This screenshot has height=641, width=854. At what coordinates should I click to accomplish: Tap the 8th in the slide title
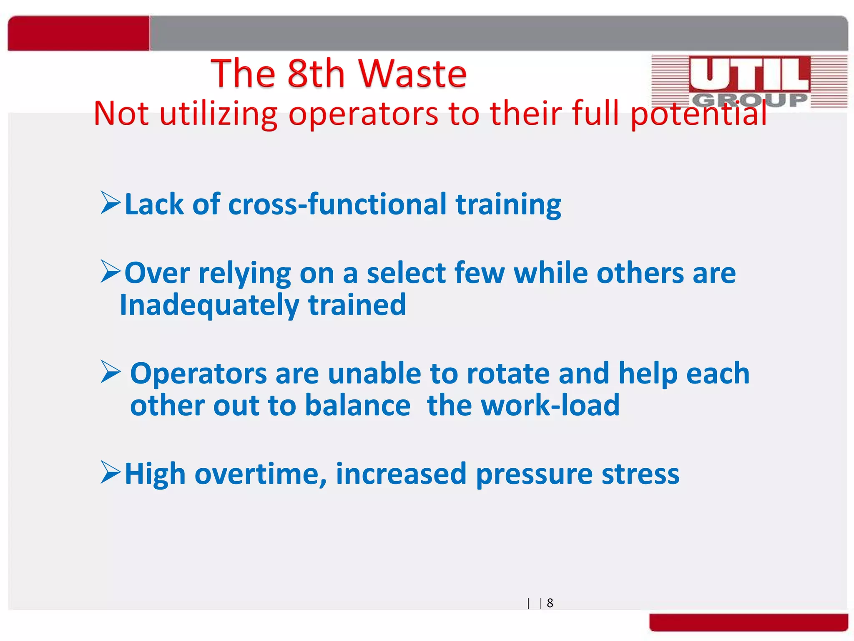point(316,74)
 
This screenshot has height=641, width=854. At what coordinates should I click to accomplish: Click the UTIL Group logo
point(749,81)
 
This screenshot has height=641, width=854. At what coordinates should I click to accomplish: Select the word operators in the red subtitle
point(363,114)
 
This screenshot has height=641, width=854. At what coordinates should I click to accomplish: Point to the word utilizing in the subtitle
point(219,114)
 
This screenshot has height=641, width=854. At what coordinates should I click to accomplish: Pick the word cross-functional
point(337,204)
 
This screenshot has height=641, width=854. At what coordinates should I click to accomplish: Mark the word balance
point(358,405)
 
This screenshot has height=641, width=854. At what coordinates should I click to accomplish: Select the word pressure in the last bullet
point(534,474)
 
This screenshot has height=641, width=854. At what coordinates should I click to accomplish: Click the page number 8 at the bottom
point(550,603)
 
